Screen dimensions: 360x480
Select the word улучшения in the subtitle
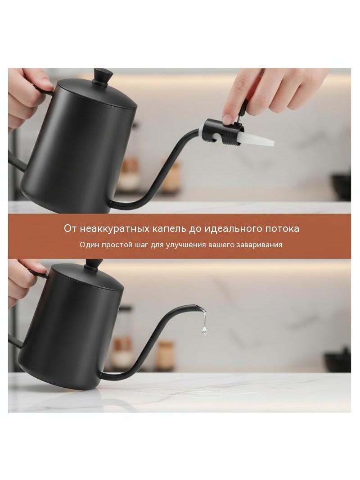186,245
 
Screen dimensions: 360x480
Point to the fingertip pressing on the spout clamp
228,118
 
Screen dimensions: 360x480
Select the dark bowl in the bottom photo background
338,361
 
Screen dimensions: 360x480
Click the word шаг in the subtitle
141,245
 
